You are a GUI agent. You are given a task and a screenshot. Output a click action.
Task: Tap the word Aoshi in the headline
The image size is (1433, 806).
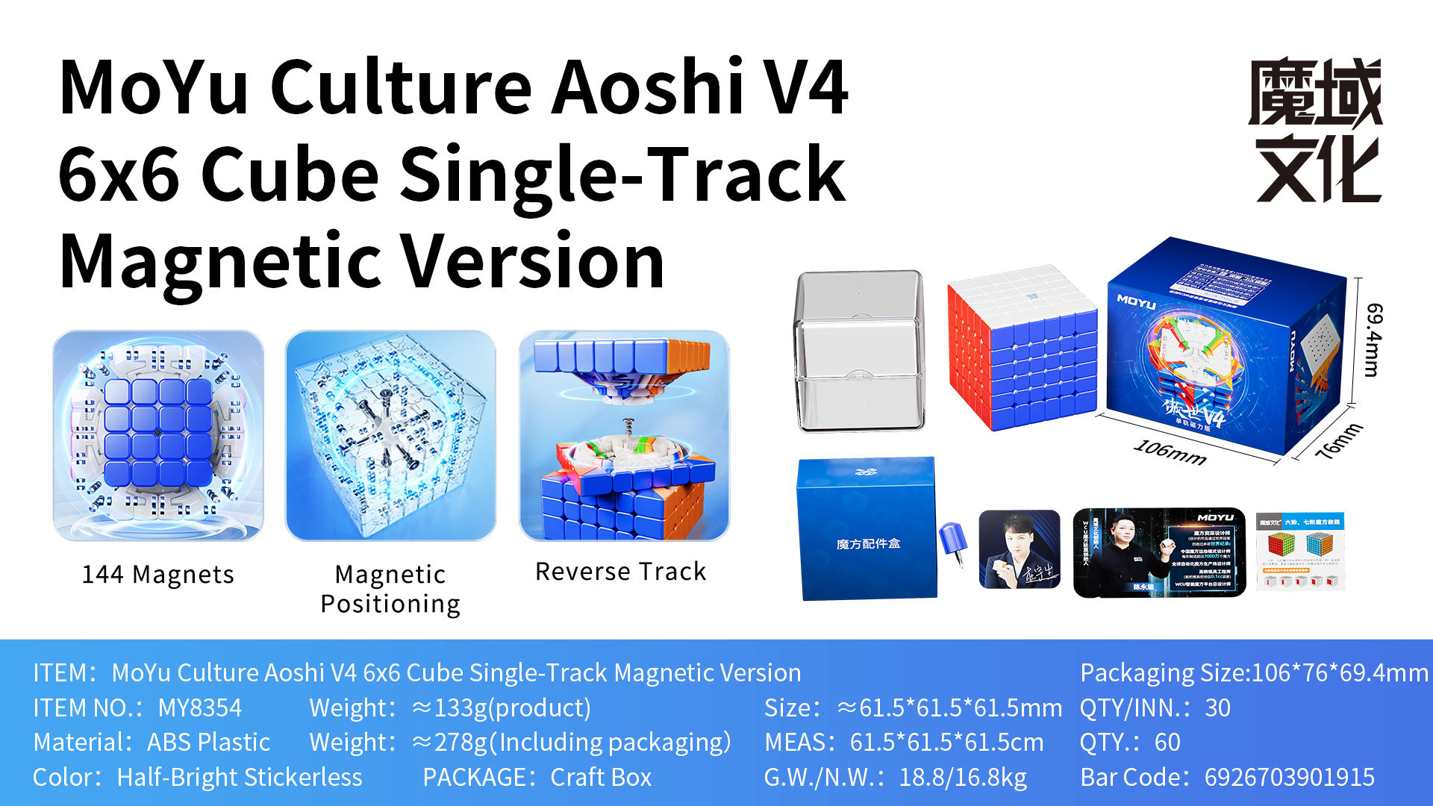point(647,87)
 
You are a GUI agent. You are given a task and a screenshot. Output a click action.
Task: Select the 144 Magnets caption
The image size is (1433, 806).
point(157,575)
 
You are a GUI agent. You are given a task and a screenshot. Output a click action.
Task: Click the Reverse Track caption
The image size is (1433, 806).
point(620,572)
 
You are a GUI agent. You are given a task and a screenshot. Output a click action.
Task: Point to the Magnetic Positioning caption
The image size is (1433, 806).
point(390,589)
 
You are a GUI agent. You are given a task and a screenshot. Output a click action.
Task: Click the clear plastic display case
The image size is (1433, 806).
point(860,351)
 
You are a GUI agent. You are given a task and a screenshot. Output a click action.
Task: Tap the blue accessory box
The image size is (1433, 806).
point(867,528)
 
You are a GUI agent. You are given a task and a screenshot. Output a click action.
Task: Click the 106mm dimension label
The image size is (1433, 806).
point(1170,452)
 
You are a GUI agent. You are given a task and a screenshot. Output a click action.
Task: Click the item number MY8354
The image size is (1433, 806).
point(200,707)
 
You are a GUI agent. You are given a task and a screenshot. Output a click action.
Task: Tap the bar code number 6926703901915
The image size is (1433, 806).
point(1289,777)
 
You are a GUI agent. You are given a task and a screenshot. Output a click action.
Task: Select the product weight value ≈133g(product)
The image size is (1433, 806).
point(501,707)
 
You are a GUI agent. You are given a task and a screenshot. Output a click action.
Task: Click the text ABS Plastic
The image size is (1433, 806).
point(208,743)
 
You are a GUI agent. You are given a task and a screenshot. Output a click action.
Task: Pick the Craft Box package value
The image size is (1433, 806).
point(601,777)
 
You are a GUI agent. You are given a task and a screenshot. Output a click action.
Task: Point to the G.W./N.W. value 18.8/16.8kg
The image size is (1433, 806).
point(962,777)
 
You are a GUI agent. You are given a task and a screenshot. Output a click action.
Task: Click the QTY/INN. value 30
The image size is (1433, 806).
point(1217,707)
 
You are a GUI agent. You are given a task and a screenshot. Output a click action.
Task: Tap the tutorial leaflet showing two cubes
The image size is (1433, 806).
point(1299,551)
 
